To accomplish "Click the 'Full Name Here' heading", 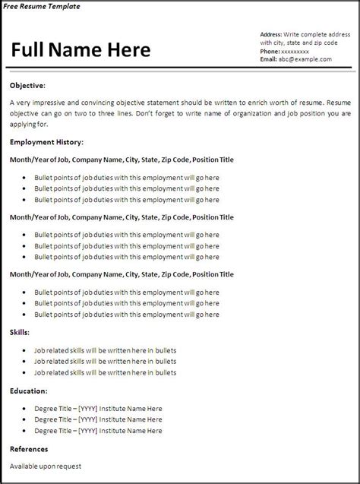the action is point(81,50).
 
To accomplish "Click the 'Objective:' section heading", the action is point(27,85).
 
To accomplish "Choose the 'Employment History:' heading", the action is point(46,141).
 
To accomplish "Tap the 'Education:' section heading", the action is point(29,391).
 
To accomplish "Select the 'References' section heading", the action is point(29,449).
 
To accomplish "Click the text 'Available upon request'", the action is point(46,466).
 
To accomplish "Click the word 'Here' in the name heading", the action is point(125,50).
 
